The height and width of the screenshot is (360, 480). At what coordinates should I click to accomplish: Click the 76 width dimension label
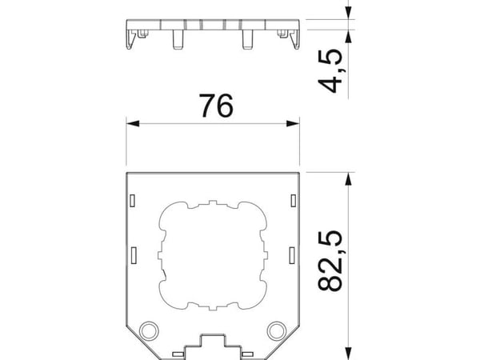pos(216,106)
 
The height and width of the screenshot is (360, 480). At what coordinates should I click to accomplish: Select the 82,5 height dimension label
pos(330,261)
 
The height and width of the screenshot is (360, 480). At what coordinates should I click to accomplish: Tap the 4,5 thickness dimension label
pos(330,70)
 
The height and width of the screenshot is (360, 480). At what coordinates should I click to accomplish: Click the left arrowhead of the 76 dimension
pos(133,124)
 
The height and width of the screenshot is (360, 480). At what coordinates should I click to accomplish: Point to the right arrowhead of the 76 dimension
pos(293,124)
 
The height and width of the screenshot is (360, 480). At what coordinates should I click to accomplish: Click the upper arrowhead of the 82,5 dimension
pos(348,179)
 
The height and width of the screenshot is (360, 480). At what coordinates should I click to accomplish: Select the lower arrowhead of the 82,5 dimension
pos(348,354)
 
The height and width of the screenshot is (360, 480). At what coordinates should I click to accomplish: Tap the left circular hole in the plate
pos(149,330)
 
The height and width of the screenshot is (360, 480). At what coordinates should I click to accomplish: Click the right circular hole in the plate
pos(277,330)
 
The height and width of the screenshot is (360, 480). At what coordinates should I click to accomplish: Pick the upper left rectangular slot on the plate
pos(133,201)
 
